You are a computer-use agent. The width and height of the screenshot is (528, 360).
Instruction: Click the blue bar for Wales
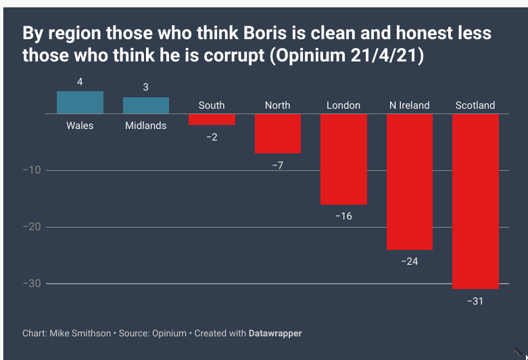pos(80,102)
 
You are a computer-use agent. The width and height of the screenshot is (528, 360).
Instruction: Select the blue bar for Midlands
pos(145,105)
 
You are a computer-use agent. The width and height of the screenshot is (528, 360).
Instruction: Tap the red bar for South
pos(212,120)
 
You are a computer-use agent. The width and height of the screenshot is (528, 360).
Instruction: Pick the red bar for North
pos(277,134)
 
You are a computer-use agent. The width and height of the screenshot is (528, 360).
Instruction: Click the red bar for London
pos(343,159)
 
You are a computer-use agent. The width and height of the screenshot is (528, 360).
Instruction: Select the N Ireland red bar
pos(409,182)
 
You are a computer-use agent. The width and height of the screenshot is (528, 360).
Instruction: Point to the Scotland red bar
pos(475,201)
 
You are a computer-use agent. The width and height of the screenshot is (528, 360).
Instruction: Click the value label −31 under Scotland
pos(475,301)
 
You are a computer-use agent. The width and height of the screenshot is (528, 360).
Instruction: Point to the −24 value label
pos(409,261)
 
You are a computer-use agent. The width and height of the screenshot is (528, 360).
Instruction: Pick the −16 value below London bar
pos(343,216)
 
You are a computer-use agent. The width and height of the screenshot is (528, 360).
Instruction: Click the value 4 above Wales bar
pos(80,82)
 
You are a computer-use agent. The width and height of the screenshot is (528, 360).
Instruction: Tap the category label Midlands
pos(145,126)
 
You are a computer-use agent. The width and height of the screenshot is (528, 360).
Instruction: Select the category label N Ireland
pos(409,105)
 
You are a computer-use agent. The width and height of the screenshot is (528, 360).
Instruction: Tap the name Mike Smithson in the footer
pos(80,333)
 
